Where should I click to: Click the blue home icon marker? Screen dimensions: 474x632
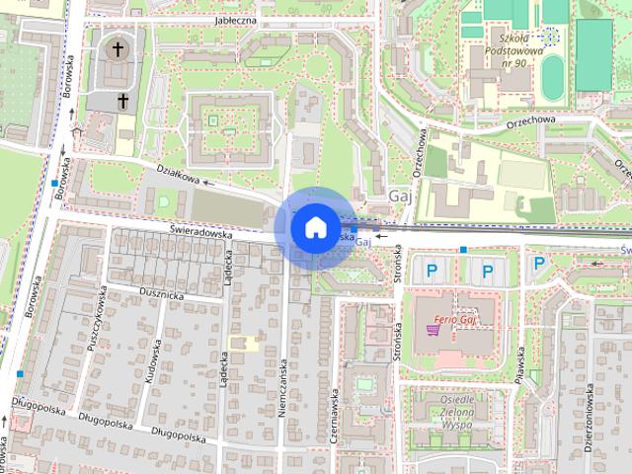click(x=314, y=226)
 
